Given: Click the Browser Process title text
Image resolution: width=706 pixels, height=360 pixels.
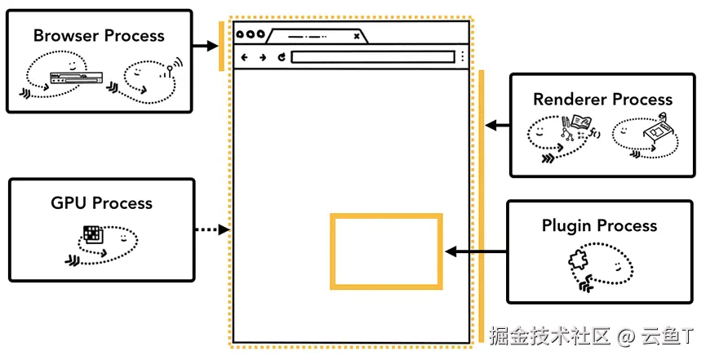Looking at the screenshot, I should pyautogui.click(x=99, y=36).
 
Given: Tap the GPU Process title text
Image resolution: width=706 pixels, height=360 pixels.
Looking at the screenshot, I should pyautogui.click(x=101, y=202).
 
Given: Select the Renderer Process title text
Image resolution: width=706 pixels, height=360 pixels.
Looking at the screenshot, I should pyautogui.click(x=602, y=100).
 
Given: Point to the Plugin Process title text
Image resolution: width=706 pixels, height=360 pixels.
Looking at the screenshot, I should pyautogui.click(x=599, y=225).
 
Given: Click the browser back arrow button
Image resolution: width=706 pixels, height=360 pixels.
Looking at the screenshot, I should pyautogui.click(x=245, y=57).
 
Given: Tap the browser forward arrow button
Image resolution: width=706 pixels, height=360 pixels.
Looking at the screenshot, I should pyautogui.click(x=263, y=57).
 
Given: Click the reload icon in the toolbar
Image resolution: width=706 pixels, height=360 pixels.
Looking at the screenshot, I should pyautogui.click(x=282, y=57).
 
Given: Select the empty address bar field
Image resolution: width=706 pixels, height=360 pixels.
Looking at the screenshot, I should pyautogui.click(x=372, y=57).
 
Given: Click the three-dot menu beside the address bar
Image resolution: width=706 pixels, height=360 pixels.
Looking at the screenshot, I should pyautogui.click(x=462, y=57).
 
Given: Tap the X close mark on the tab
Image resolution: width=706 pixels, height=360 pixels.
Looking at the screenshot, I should pyautogui.click(x=356, y=36).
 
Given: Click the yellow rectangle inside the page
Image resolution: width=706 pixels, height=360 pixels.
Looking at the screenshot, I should pyautogui.click(x=386, y=251).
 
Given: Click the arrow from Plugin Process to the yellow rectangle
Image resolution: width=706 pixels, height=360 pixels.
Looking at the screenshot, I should pyautogui.click(x=474, y=251).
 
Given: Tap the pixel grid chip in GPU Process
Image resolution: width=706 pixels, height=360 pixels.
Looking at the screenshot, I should pyautogui.click(x=94, y=234).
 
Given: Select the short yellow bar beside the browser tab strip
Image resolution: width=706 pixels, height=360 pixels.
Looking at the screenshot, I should pyautogui.click(x=221, y=47).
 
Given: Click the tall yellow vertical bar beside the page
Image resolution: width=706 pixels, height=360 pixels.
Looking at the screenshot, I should pyautogui.click(x=482, y=196).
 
